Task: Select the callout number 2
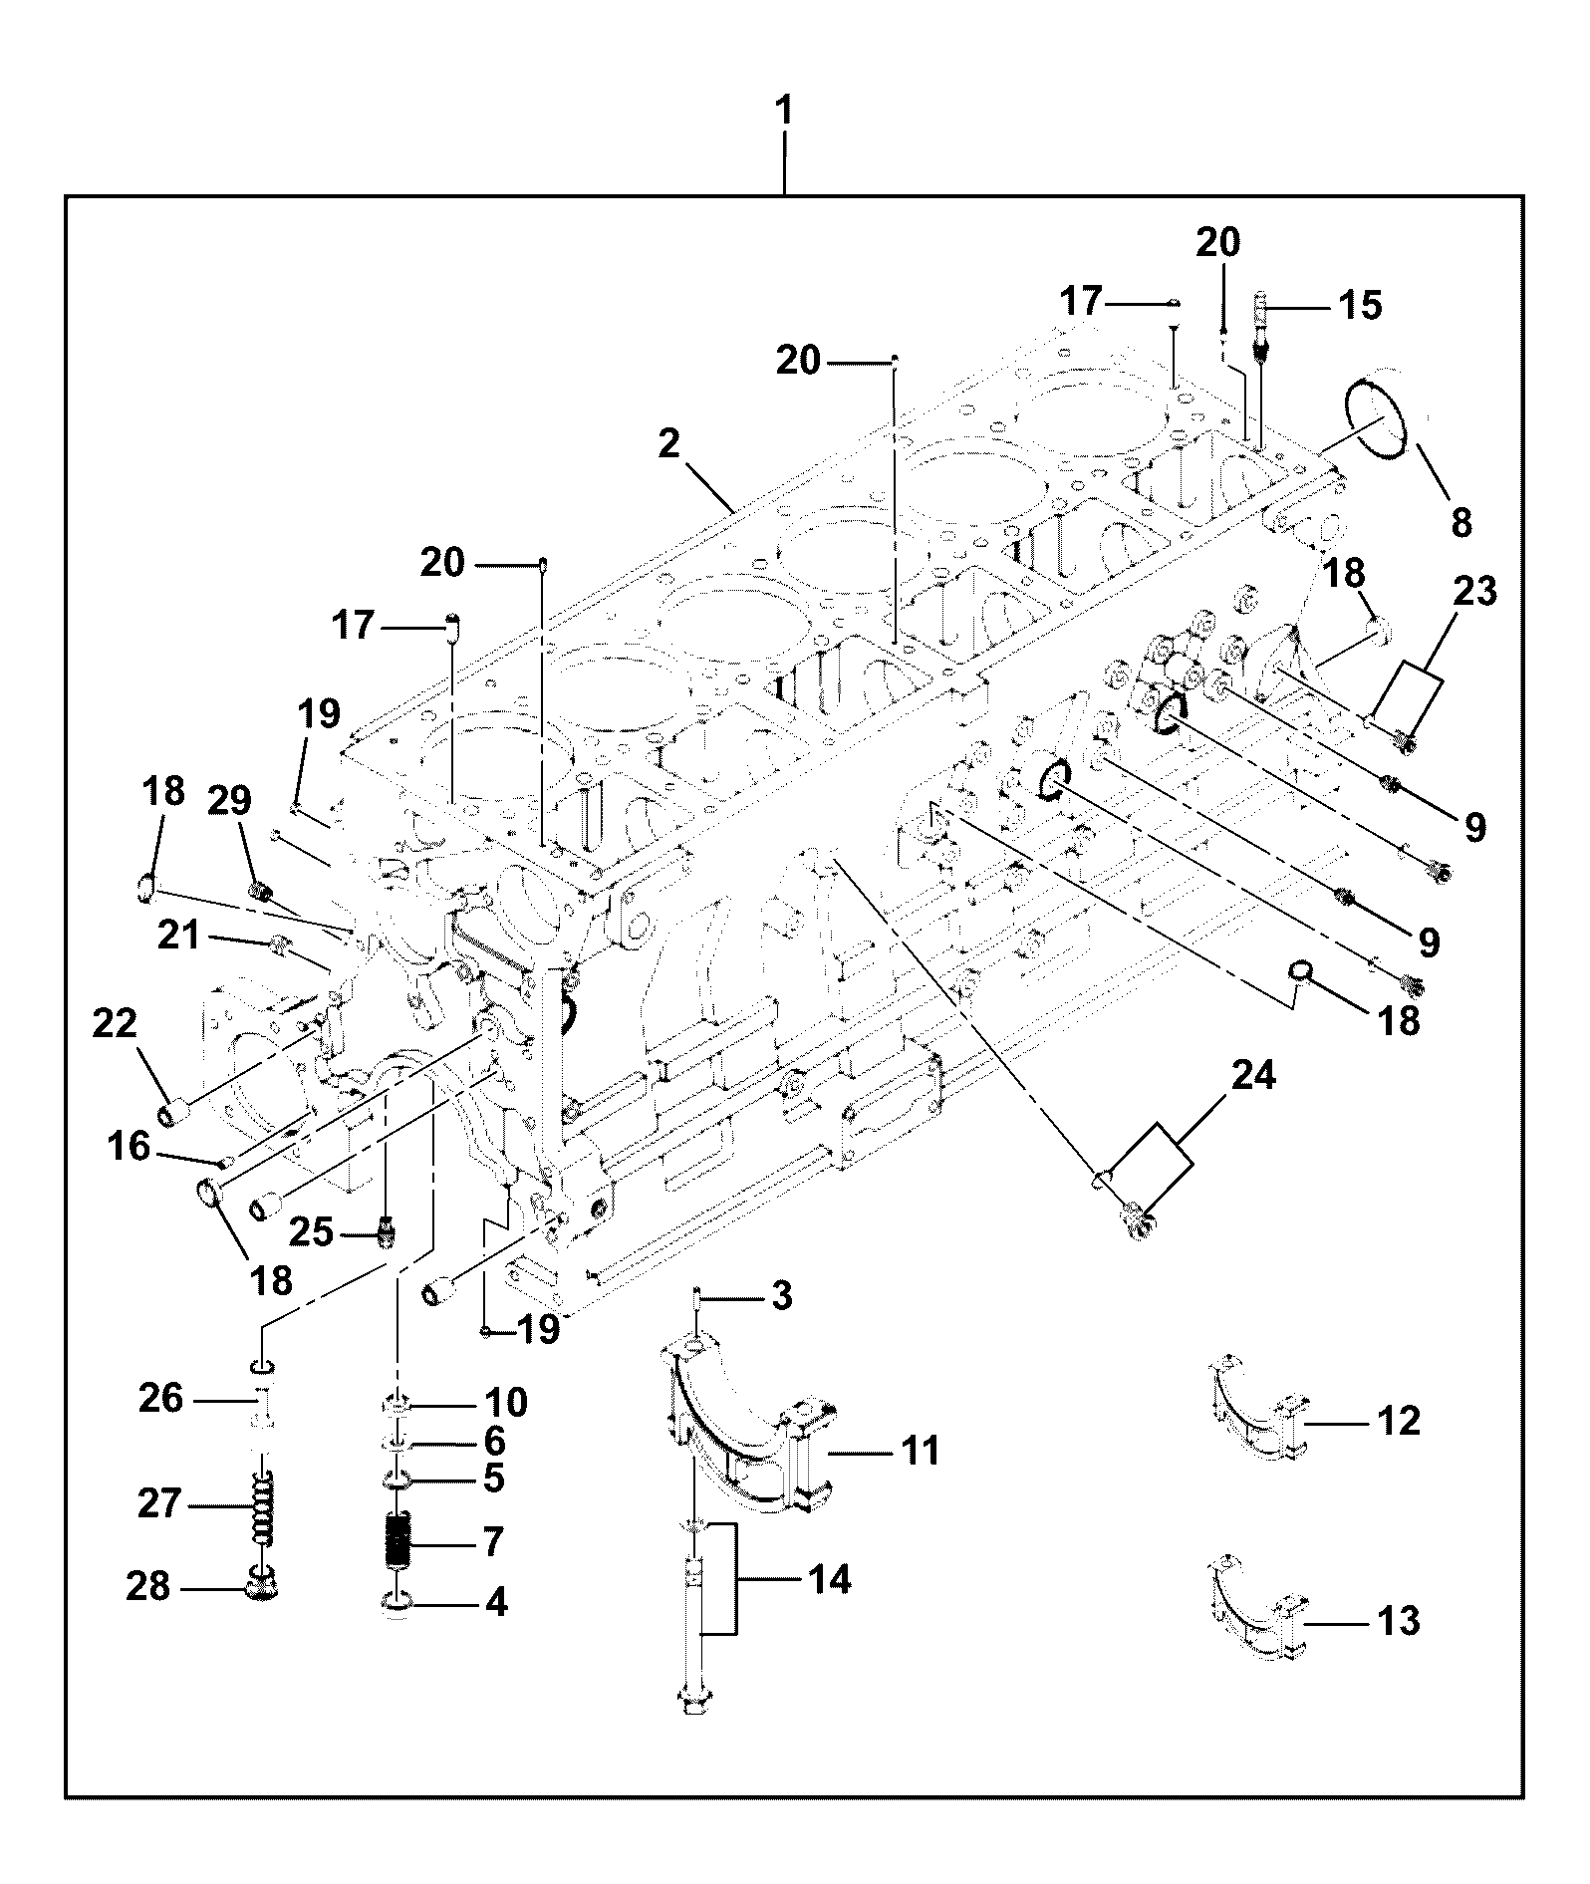pos(668,444)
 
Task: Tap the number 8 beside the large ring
pos(1461,521)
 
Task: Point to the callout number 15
pos(1360,305)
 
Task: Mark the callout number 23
pos(1475,592)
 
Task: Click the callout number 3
pos(782,1296)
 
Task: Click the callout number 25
pos(311,1233)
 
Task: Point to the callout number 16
pos(130,1148)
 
